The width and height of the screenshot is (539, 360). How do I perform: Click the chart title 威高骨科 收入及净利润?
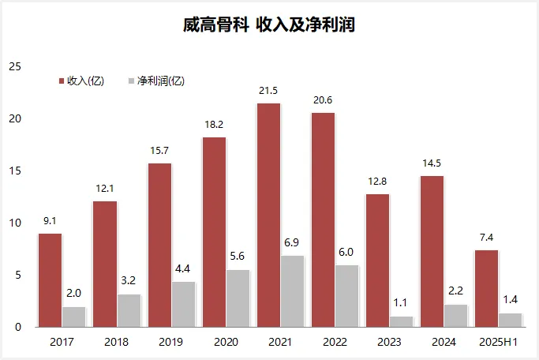pos(268,25)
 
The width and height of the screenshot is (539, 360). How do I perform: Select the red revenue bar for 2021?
pos(268,215)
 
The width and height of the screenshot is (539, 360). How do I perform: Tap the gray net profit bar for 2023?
pos(402,321)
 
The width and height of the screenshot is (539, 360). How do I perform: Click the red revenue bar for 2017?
pos(50,280)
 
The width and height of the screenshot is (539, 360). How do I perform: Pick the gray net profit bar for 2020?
pos(238,298)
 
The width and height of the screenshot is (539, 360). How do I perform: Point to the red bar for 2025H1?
pos(486,288)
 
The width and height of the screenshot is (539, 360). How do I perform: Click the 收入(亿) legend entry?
pos(82,81)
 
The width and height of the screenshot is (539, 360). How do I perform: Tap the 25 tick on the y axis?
pos(14,66)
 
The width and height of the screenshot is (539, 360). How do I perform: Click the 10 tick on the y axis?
pos(14,223)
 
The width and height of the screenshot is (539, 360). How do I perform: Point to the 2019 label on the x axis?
pos(170,343)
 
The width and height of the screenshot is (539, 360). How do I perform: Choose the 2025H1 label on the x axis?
pos(499,343)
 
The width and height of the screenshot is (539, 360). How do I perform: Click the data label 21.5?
pos(268,91)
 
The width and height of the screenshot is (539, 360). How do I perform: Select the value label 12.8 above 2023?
pos(377,182)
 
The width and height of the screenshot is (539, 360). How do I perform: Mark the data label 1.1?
pos(402,304)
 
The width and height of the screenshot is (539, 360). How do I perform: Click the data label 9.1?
pos(50,221)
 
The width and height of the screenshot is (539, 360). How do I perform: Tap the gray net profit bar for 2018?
pos(129,310)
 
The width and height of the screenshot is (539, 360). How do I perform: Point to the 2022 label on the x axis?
pos(335,343)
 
